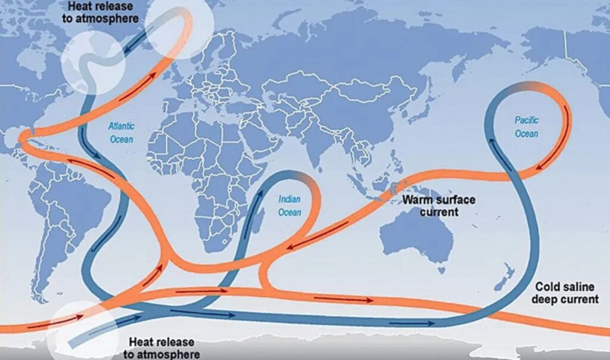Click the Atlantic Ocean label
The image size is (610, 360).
point(121,132)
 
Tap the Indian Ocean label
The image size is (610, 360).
point(290,205)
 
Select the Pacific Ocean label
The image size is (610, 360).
point(527,127)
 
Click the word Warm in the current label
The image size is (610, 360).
point(416,199)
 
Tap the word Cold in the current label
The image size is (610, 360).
point(546,285)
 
